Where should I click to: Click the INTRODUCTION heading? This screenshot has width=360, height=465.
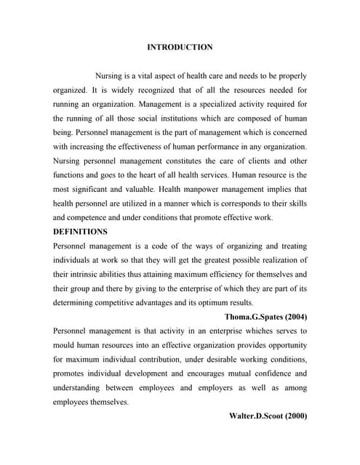click(180, 47)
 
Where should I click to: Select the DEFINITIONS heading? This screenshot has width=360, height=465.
click(81, 232)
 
